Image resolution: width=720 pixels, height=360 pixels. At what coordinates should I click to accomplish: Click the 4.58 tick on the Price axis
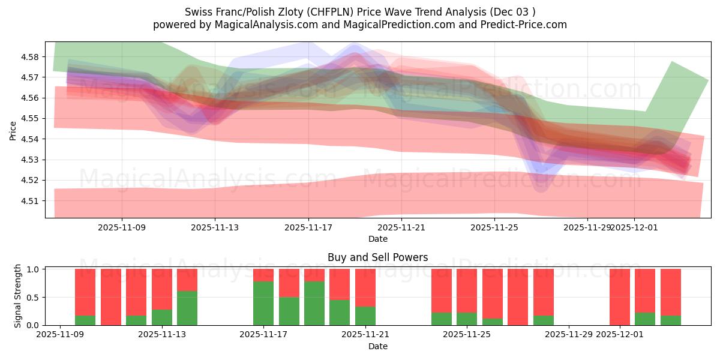coord(30,57)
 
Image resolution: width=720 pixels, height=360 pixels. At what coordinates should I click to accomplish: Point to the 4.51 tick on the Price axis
coord(30,200)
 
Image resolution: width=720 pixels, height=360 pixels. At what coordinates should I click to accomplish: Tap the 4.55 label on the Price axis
coord(30,119)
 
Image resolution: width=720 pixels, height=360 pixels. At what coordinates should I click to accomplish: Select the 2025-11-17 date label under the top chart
coord(308,228)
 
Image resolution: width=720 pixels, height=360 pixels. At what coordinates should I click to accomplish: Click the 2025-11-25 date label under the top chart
coord(494,228)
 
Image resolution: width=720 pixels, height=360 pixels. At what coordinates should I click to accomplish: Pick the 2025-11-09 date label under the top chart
coord(122,228)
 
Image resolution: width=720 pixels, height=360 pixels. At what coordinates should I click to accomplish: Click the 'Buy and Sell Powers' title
coord(377,257)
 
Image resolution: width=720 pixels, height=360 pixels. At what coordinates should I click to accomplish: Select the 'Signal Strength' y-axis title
coord(18,295)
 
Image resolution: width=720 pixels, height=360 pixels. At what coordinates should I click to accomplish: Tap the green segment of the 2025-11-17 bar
coord(263,303)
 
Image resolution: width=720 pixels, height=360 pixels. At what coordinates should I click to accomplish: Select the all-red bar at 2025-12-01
coord(620,297)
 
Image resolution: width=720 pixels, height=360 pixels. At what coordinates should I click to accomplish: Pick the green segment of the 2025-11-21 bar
coord(365,316)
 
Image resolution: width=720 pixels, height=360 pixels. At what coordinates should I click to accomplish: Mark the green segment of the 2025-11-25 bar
coord(467,319)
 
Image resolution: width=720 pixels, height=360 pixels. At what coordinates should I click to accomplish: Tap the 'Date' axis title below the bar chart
coord(377,346)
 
